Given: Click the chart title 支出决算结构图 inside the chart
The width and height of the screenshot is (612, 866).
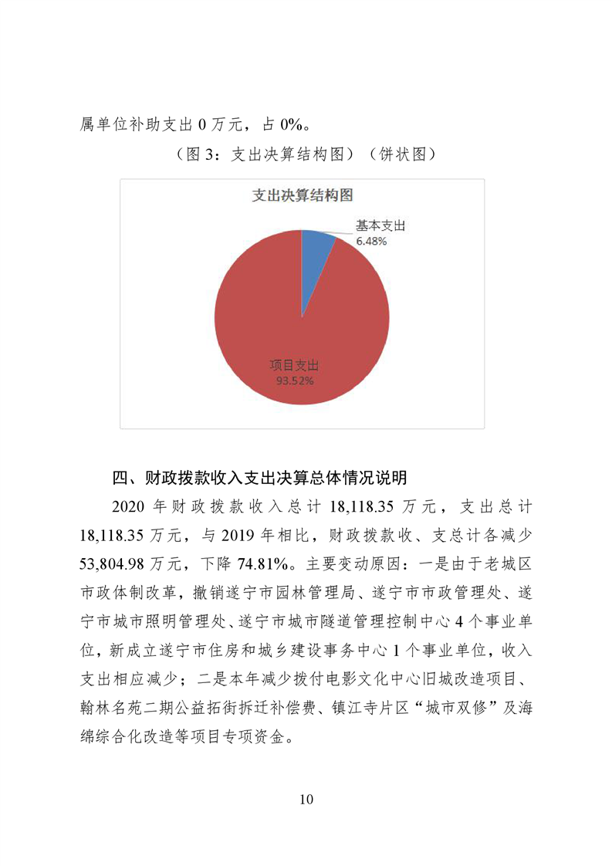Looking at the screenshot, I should click(x=302, y=196).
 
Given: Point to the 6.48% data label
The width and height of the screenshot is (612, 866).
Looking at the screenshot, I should click(x=370, y=241).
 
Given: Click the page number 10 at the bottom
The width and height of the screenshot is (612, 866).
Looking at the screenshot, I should click(x=306, y=799).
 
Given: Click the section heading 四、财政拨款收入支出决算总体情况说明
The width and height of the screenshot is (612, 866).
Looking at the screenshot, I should click(x=259, y=477).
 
